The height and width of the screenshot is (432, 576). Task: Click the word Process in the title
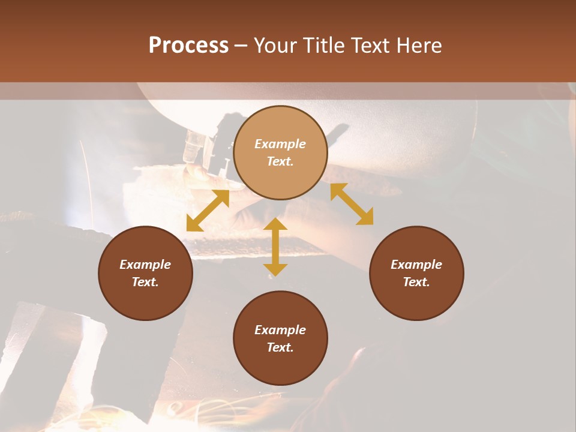click(188, 46)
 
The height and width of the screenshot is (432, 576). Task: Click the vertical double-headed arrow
click(275, 247)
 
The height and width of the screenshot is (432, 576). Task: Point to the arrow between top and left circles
click(208, 211)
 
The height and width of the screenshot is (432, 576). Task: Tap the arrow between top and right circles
click(352, 204)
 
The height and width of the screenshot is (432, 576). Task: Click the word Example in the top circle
click(280, 144)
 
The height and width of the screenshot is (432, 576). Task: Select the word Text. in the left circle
click(145, 282)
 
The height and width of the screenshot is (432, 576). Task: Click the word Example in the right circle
click(416, 265)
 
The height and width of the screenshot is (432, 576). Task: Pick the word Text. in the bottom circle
click(280, 347)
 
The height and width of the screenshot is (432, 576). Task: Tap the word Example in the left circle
click(145, 265)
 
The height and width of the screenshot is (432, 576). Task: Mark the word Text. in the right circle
click(416, 282)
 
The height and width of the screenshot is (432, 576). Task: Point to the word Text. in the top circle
click(280, 161)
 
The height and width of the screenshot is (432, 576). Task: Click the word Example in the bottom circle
click(280, 330)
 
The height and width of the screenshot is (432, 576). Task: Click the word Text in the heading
click(371, 46)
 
